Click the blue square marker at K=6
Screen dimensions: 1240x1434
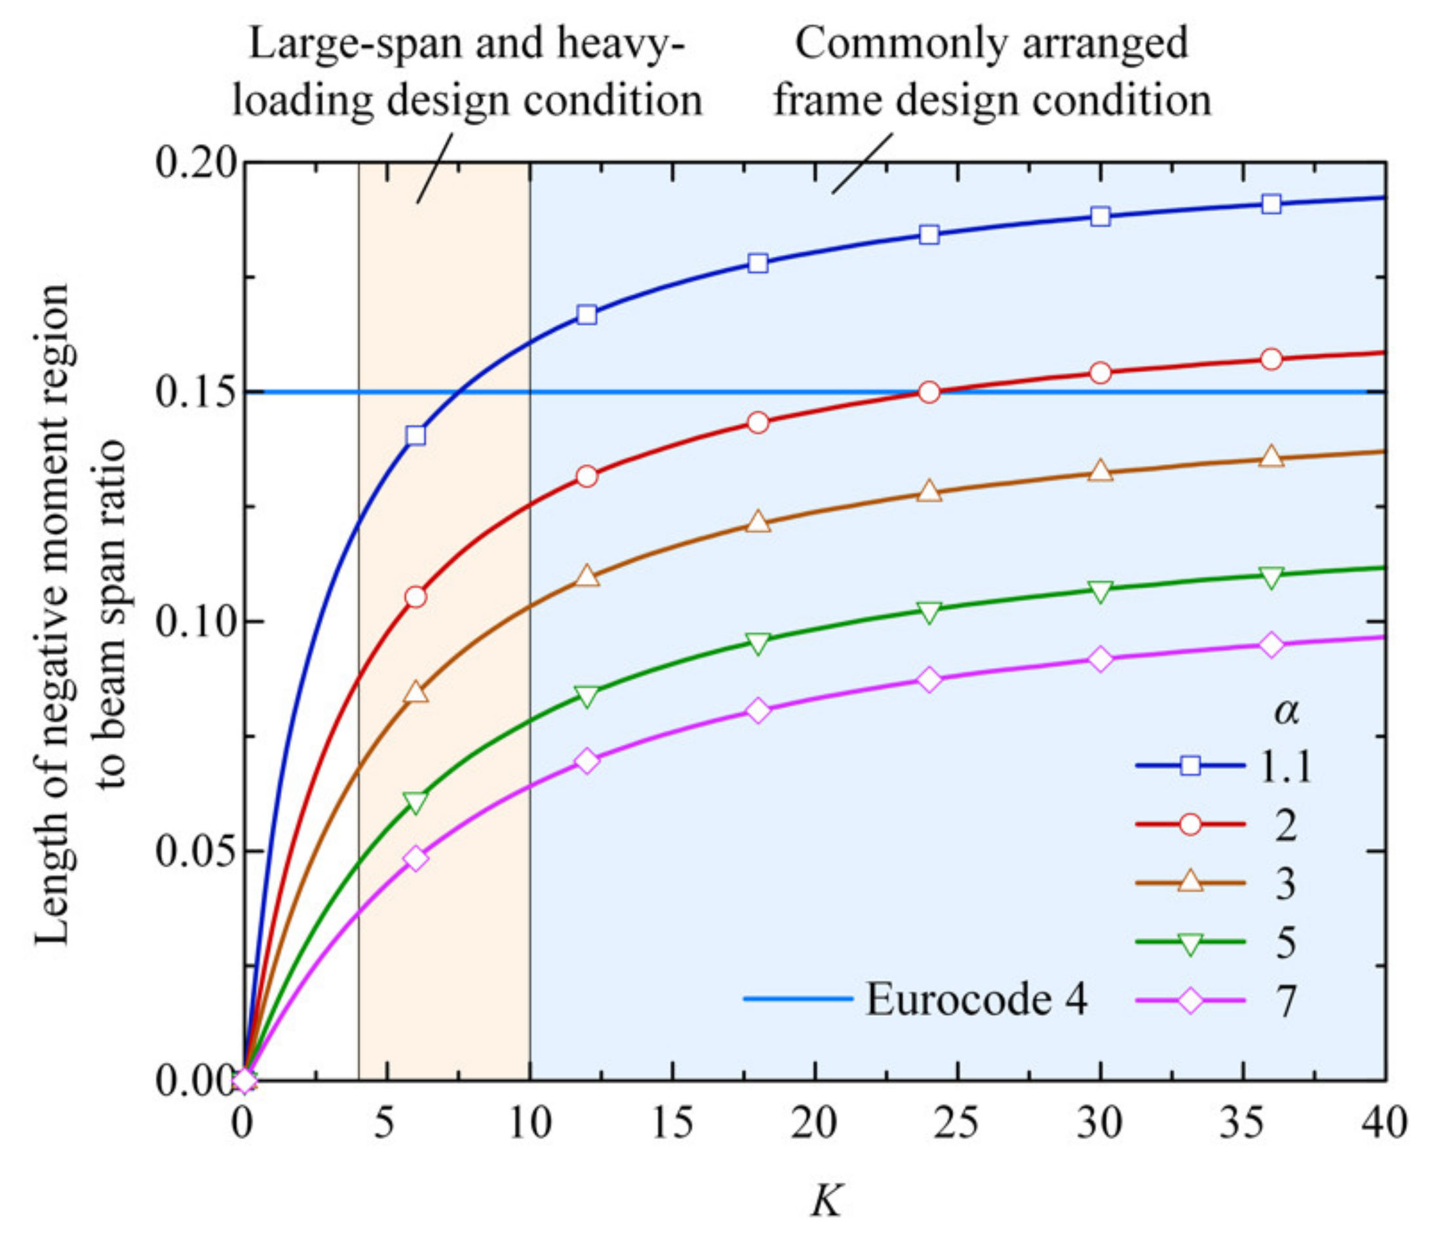(x=416, y=435)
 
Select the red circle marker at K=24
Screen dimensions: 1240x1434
(x=929, y=393)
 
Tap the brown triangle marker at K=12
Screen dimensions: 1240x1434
(x=587, y=575)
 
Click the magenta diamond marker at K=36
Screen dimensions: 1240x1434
(x=1271, y=645)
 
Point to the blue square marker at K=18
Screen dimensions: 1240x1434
(x=758, y=263)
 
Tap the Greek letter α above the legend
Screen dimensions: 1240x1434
(x=1287, y=710)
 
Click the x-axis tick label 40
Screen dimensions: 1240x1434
(x=1384, y=1123)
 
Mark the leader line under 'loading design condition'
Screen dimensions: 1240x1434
(x=434, y=168)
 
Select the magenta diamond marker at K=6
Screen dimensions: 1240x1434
(x=416, y=858)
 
